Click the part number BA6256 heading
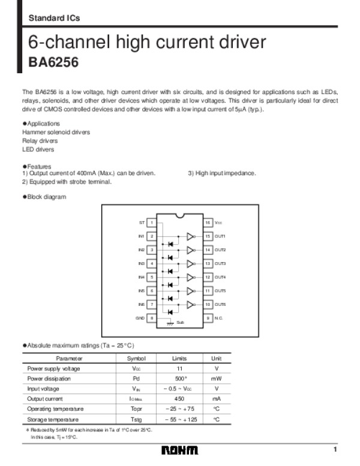click(x=54, y=62)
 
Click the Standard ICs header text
click(x=54, y=19)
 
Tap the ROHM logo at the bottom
click(x=179, y=451)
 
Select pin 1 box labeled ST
click(x=152, y=223)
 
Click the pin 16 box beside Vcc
click(x=208, y=223)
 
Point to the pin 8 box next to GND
click(x=152, y=317)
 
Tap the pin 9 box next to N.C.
click(x=208, y=317)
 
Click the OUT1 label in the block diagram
click(x=220, y=236)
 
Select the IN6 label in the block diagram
click(x=142, y=304)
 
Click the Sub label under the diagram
click(x=180, y=322)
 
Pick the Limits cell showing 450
click(x=179, y=399)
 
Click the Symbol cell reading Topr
click(x=136, y=409)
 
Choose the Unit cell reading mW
click(x=217, y=378)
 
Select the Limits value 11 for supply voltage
click(x=179, y=368)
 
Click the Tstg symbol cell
click(x=136, y=419)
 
